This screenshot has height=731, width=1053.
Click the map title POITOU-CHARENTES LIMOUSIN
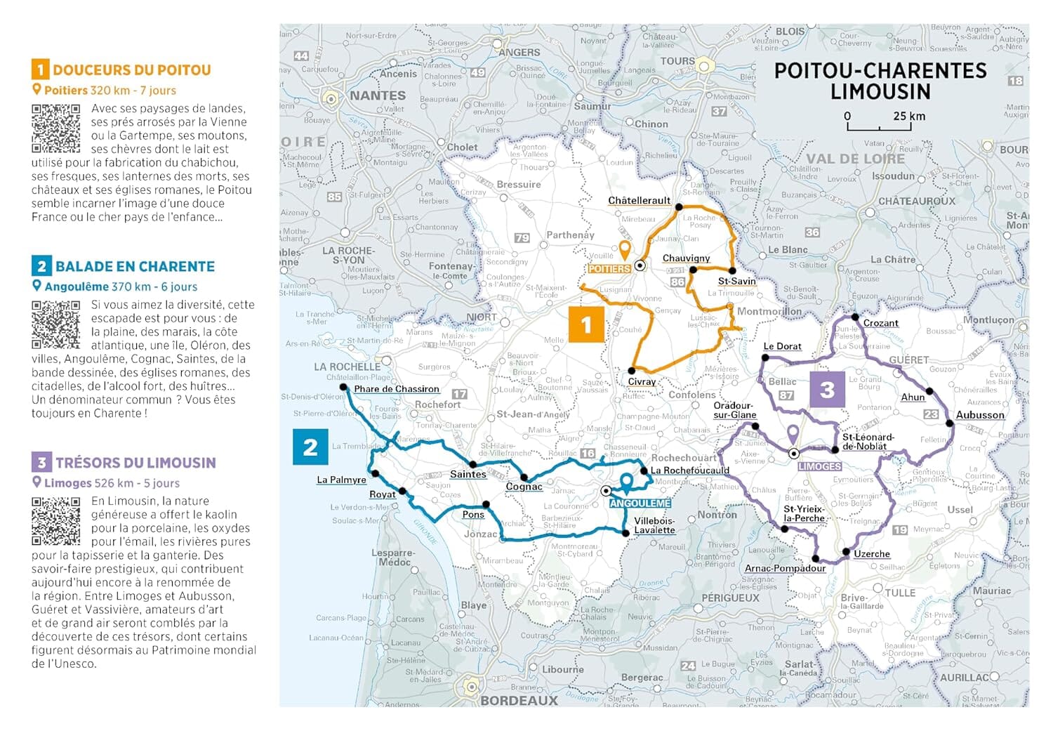point(880,81)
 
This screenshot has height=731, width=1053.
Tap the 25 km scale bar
point(879,126)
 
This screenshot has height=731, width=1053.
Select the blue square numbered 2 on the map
point(310,447)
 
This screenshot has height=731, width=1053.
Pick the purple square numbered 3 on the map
point(827,389)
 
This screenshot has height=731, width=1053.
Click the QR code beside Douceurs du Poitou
point(55,129)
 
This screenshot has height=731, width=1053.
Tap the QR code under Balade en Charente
point(55,325)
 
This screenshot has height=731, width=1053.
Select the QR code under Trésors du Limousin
point(55,521)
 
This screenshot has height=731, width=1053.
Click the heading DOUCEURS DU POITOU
point(131,70)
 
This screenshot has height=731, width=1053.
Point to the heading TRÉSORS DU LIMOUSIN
point(135,463)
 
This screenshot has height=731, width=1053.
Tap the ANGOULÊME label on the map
point(640,503)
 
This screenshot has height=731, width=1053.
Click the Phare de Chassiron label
point(396,389)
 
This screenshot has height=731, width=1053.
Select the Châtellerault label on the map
point(639,201)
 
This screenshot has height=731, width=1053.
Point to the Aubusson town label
point(980,415)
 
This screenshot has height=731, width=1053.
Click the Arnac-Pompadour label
point(785,568)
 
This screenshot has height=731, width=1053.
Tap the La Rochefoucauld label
point(689,470)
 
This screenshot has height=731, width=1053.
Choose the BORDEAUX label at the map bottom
point(519,700)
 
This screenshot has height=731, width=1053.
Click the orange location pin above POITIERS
point(624,249)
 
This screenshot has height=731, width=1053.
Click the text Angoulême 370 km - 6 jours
point(120,287)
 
